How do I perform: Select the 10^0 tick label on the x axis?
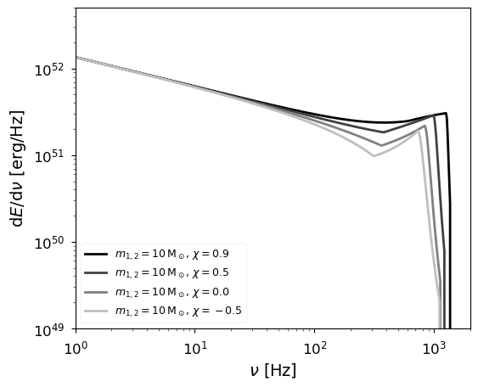point(76,348)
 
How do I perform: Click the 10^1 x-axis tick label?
point(195,348)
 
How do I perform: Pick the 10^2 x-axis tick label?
point(315,348)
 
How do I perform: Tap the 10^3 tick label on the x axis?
point(435,348)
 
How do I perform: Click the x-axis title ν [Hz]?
point(273,371)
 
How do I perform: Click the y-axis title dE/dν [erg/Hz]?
point(17,168)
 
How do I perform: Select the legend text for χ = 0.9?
point(160,254)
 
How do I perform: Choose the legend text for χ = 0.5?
point(160,272)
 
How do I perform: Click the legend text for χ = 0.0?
point(160,292)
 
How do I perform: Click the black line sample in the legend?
point(95,254)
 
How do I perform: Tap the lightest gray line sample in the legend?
point(95,311)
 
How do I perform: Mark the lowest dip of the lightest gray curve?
point(374,155)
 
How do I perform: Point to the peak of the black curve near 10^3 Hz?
point(445,113)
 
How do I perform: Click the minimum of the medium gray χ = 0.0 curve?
point(381,145)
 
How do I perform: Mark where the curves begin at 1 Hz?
point(76,58)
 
